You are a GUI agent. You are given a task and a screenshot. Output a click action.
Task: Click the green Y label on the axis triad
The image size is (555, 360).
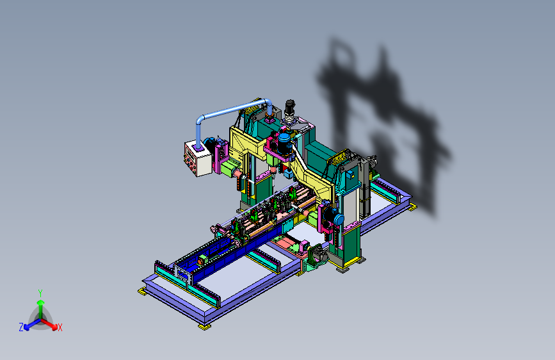(40, 293)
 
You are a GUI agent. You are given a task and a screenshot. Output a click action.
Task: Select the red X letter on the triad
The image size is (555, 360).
(60, 327)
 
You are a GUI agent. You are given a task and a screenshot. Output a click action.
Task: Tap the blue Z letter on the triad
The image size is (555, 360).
(21, 327)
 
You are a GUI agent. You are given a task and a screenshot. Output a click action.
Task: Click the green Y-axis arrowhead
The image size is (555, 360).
(41, 302)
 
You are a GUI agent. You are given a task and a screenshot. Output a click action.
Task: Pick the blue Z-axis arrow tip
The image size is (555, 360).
(27, 327)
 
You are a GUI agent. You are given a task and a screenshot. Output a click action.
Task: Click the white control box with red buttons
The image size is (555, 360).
(198, 158)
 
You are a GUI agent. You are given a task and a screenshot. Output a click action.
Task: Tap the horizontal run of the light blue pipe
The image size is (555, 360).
(234, 108)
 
